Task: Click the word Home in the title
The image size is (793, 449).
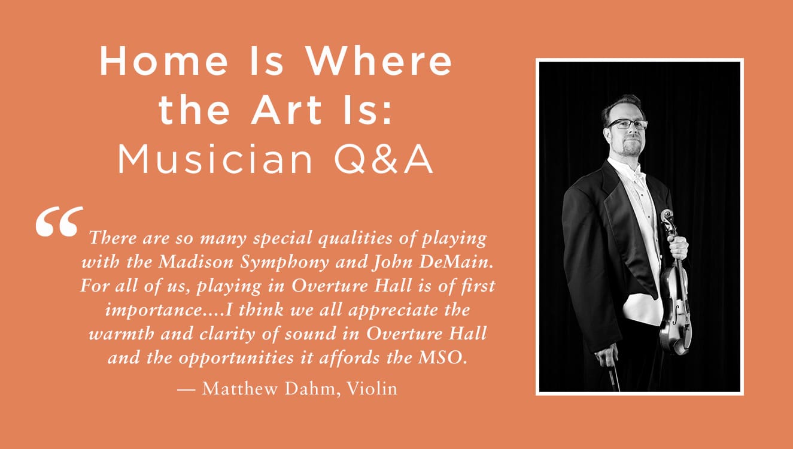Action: (164, 60)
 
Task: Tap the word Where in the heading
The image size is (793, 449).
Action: (378, 60)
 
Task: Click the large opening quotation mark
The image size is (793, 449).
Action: (59, 222)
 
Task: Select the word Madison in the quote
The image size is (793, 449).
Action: (196, 262)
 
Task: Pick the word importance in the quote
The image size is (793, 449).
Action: (158, 311)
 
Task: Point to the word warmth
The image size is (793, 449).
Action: (121, 334)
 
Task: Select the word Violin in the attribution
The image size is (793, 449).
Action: (372, 389)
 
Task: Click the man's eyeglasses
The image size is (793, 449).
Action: (627, 124)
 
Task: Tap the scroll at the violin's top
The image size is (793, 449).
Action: (667, 217)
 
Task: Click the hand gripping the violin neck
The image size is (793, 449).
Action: (678, 247)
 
